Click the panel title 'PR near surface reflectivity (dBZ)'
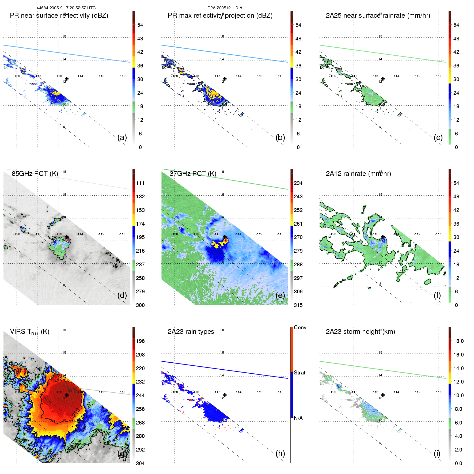pyautogui.click(x=59, y=16)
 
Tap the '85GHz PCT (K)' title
pyautogui.click(x=35, y=174)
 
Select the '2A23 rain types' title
pyautogui.click(x=191, y=332)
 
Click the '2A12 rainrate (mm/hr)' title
pyautogui.click(x=358, y=174)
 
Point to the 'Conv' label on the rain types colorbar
pyautogui.click(x=300, y=327)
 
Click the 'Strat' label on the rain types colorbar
pyautogui.click(x=299, y=373)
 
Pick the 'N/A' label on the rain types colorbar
pyautogui.click(x=298, y=418)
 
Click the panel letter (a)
pyautogui.click(x=122, y=137)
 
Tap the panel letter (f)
pyautogui.click(x=437, y=295)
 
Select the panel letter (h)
pyautogui.click(x=280, y=453)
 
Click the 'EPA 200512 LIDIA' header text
pyautogui.click(x=225, y=8)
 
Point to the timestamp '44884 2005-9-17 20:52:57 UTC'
pyautogui.click(x=66, y=8)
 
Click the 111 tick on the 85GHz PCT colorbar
pyautogui.click(x=140, y=183)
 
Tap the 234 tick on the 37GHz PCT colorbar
pyautogui.click(x=298, y=183)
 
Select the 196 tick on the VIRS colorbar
pyautogui.click(x=140, y=341)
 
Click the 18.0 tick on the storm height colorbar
pyautogui.click(x=458, y=341)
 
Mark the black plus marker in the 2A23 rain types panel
pyautogui.click(x=225, y=395)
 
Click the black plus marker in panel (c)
pyautogui.click(x=383, y=79)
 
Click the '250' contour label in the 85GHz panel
pyautogui.click(x=56, y=238)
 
